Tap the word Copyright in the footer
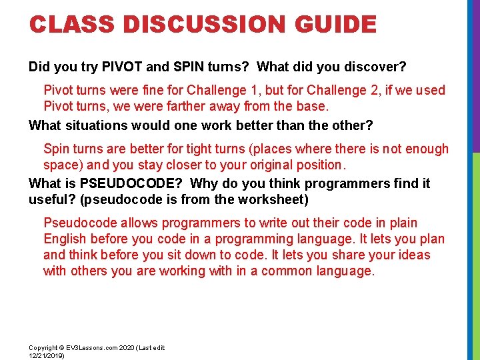(x=43, y=348)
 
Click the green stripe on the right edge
(x=475, y=253)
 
